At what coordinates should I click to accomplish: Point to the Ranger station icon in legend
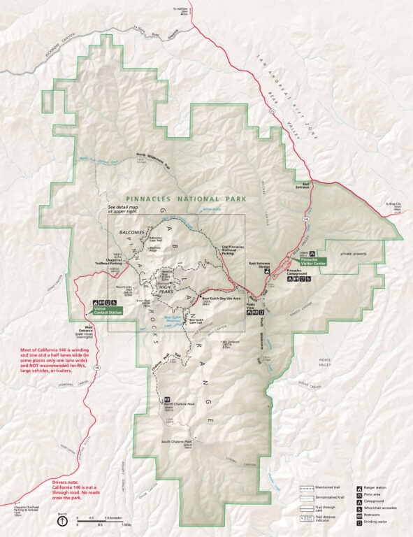[358, 486]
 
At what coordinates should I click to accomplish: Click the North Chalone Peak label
[179, 404]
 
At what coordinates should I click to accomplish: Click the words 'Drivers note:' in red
[67, 482]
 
